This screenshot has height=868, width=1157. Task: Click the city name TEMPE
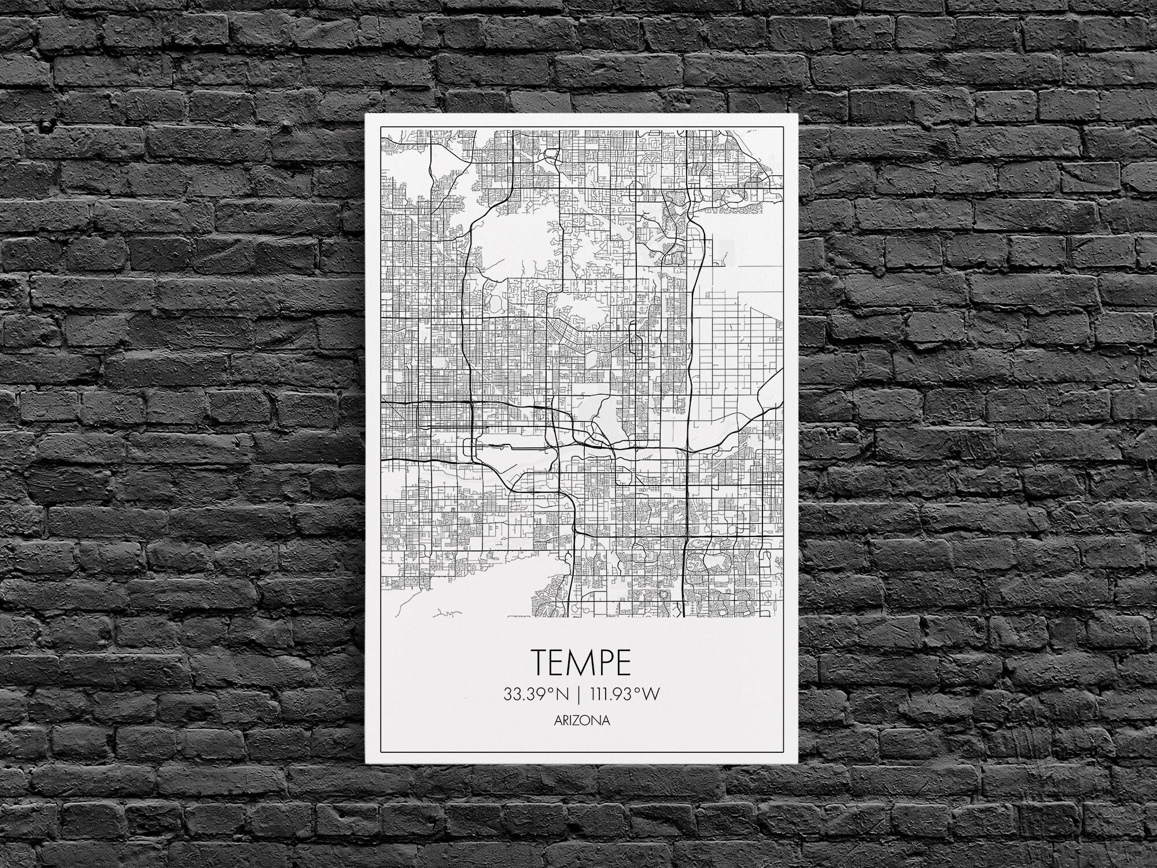[581, 663]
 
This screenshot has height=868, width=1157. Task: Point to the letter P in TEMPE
[603, 663]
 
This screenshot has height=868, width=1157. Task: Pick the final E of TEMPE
[622, 663]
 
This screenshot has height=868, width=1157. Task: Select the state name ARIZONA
[581, 722]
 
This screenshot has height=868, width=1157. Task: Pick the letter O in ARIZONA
[588, 722]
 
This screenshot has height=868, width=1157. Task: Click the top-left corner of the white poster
[366, 115]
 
